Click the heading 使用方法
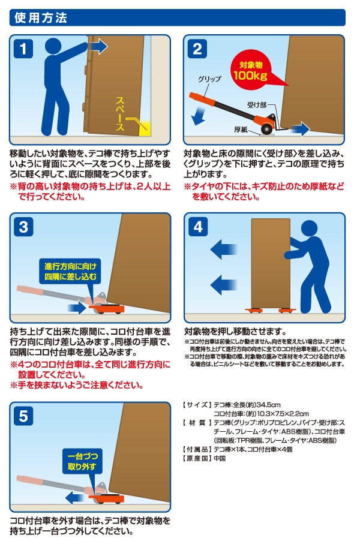coord(41,18)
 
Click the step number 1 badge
coord(23,49)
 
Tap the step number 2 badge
coord(197,49)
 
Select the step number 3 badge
coord(23,227)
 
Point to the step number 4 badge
coord(198,227)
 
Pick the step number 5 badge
coord(23,416)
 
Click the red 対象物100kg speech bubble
coord(253,70)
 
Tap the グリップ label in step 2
coord(209,79)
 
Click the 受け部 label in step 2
coord(257,104)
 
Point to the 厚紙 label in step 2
coord(241,130)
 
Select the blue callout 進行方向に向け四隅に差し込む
coord(70,272)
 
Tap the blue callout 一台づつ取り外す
coord(83,461)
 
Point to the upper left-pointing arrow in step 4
coord(224,250)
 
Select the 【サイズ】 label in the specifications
coord(197,405)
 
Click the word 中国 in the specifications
coord(220,458)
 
